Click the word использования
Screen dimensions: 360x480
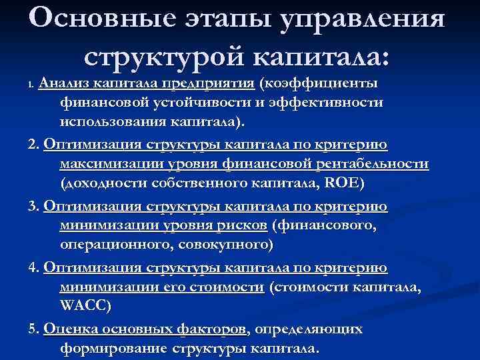(104, 123)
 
